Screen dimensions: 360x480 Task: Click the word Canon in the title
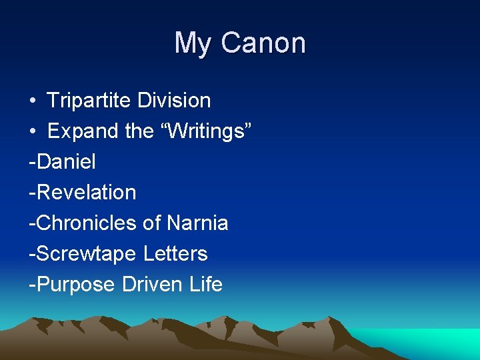[263, 43]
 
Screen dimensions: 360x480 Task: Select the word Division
[174, 101]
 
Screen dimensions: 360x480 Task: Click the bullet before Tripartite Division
[33, 101]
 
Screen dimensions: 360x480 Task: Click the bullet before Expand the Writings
[33, 132]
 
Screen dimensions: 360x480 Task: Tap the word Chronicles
[87, 223]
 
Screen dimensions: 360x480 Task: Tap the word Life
[207, 284]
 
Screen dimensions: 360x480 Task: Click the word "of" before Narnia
[152, 223]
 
